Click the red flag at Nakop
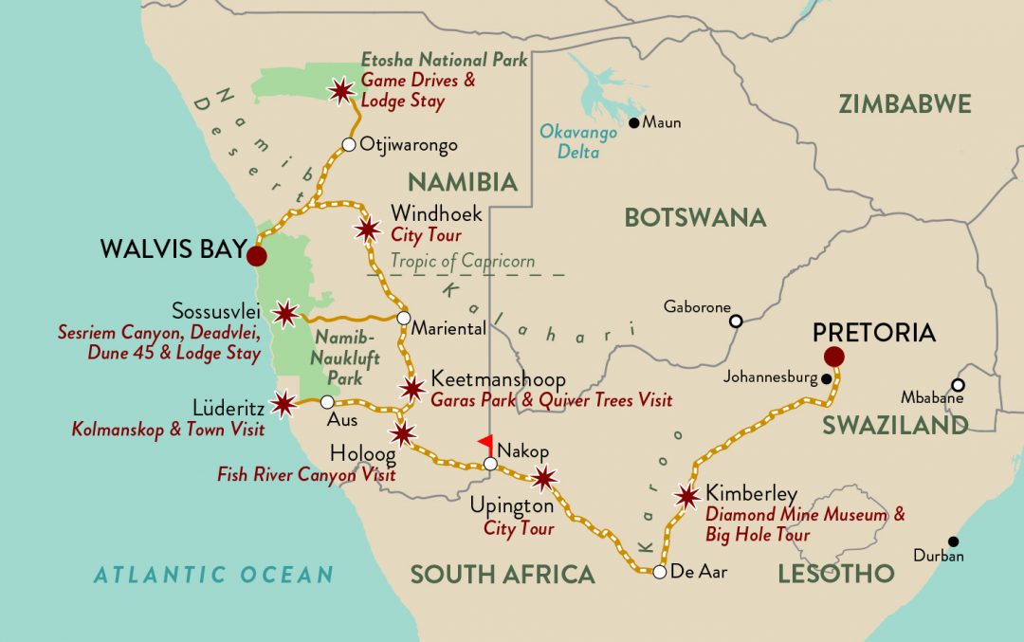485,442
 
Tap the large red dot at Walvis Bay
256,256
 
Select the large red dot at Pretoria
834,357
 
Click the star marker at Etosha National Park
339,91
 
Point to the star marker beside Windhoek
367,229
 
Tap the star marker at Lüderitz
282,404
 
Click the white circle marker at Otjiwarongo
349,145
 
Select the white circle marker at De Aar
659,571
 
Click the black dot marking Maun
634,122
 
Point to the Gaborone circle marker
736,321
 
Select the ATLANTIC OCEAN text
213,574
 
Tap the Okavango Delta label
577,141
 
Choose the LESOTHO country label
835,573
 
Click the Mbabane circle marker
959,385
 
